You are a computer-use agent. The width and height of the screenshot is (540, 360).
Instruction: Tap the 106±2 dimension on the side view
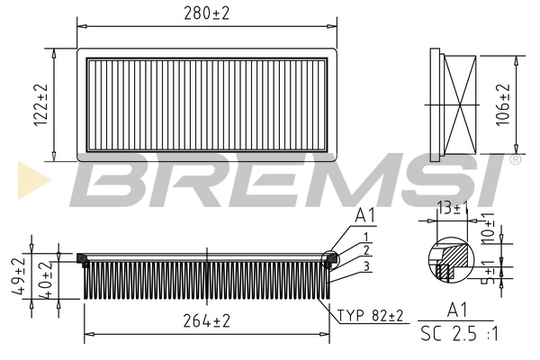[504, 103]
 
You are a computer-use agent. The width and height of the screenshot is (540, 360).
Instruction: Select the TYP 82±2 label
[372, 315]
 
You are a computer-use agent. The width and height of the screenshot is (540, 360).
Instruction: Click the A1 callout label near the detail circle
[364, 215]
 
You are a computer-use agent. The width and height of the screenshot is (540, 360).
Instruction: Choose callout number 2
[366, 251]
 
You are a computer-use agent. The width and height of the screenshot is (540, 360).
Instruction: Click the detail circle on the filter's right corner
[331, 258]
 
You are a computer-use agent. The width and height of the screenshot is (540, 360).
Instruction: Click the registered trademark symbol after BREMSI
[515, 159]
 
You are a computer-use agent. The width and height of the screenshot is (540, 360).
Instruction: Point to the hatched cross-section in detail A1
[455, 254]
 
